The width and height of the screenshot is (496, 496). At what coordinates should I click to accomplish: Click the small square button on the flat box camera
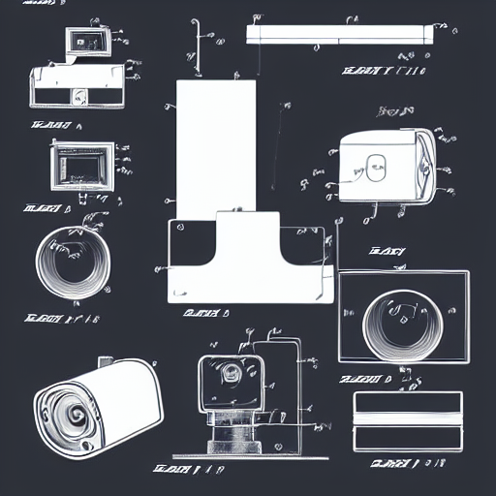click(x=74, y=95)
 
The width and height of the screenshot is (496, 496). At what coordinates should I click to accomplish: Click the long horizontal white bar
click(x=338, y=34)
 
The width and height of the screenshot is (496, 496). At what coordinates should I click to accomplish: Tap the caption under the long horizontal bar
click(x=384, y=70)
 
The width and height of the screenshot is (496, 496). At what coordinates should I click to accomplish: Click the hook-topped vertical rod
click(x=199, y=44)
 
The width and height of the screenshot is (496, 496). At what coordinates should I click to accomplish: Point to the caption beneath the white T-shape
click(x=205, y=313)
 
